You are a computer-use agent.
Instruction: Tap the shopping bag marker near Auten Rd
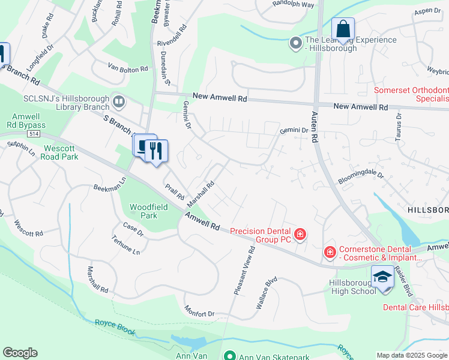(x=343, y=29)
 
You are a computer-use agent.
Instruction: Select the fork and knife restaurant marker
(x=156, y=151)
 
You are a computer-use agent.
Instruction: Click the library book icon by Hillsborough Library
(x=118, y=101)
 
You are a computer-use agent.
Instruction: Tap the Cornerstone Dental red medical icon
(x=330, y=253)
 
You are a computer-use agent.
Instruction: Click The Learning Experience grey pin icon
(x=295, y=43)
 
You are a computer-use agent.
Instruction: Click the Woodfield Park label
(x=143, y=211)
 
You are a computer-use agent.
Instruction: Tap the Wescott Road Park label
(x=60, y=152)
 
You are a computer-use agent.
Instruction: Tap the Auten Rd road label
(x=314, y=125)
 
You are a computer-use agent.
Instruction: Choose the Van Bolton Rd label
(x=128, y=69)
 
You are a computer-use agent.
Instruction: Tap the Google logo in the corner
(x=20, y=353)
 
